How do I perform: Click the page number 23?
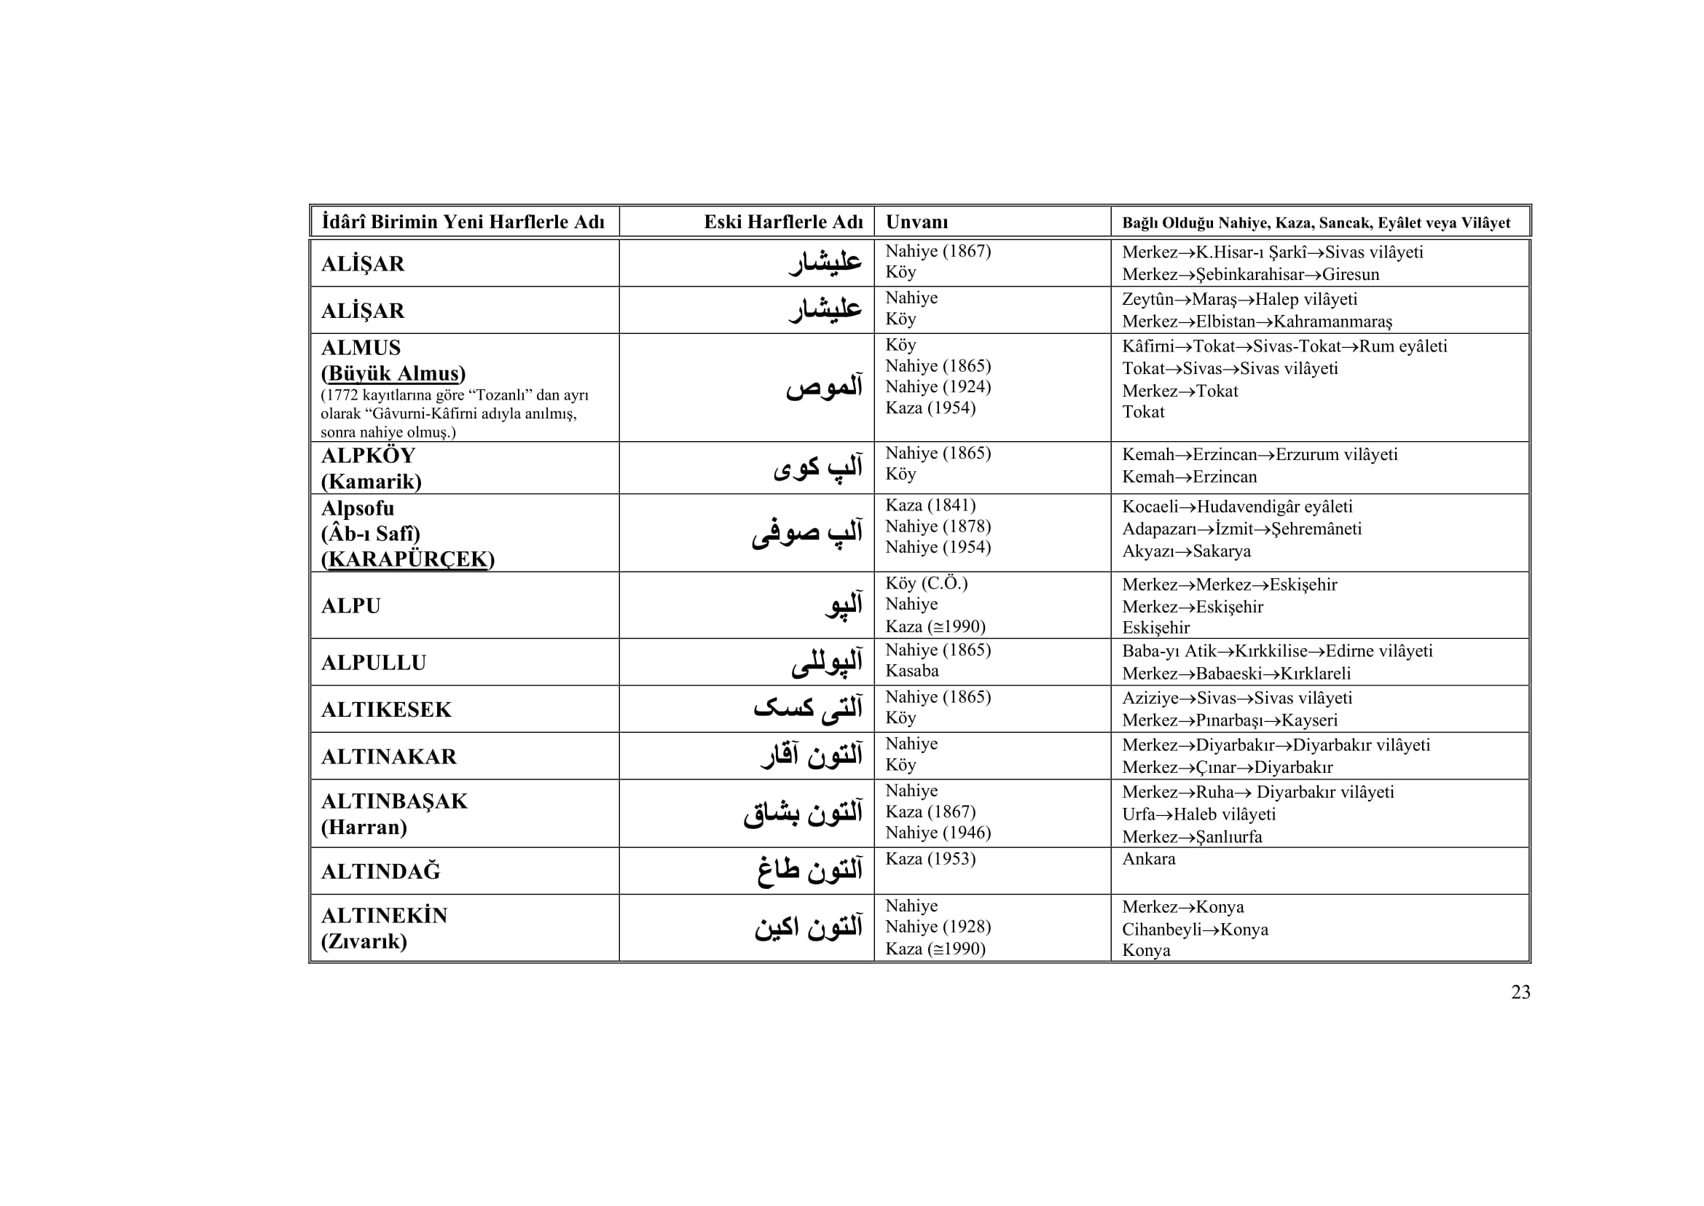[1520, 992]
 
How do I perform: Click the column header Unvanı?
[916, 222]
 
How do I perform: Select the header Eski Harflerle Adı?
[783, 222]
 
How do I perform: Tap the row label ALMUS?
[361, 348]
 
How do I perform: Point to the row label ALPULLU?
[373, 662]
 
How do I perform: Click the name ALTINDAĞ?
[380, 871]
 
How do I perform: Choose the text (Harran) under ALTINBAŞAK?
[364, 827]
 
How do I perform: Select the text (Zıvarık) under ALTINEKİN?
[364, 941]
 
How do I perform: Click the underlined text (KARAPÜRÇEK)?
[407, 559]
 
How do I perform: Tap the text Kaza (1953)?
[930, 858]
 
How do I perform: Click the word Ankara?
[1148, 858]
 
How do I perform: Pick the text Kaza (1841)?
[930, 505]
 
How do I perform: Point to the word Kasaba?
[911, 671]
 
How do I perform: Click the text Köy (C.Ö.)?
[926, 583]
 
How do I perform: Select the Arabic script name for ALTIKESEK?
[807, 708]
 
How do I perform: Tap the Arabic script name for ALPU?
[844, 604]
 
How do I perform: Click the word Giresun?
[1350, 274]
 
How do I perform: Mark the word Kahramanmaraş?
[1332, 322]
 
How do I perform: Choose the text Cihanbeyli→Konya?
[1195, 929]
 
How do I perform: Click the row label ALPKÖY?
[368, 455]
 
